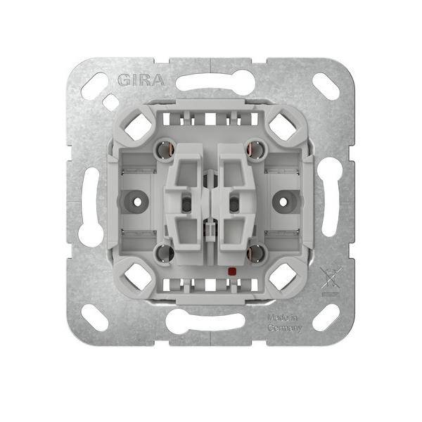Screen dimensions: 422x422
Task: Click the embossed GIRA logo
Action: tap(141, 80)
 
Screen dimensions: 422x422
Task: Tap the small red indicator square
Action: tap(231, 271)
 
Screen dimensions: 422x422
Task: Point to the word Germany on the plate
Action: tap(284, 328)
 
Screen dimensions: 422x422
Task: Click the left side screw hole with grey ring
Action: tap(137, 202)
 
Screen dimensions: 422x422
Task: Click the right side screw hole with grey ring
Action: tap(283, 202)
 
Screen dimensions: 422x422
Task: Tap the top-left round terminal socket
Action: tap(164, 150)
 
